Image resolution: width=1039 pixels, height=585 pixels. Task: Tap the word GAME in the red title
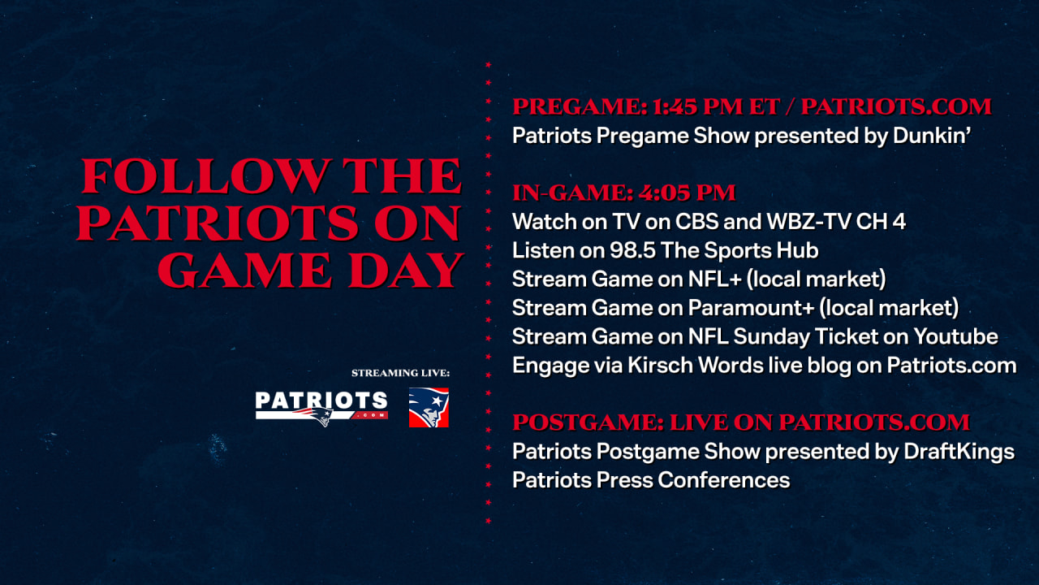pos(226,270)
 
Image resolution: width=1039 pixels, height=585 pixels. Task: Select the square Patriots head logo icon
pos(429,408)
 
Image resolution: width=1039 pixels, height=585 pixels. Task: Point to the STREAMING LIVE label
pos(399,373)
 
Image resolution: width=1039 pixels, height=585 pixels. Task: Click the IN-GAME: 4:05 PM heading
pos(623,193)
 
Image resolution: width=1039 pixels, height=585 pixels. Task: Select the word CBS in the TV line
pos(676,221)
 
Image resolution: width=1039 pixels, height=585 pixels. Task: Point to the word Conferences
pos(723,480)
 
